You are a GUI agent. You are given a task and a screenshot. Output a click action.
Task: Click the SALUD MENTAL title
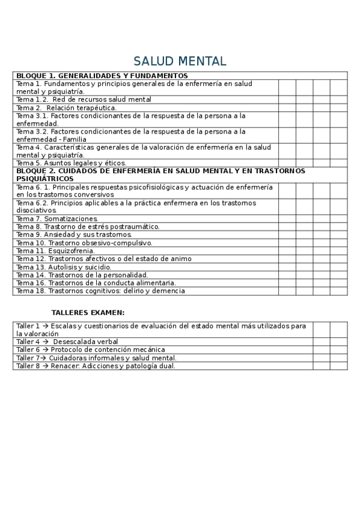click(x=180, y=61)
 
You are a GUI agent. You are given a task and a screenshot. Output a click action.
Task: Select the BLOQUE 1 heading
click(x=102, y=76)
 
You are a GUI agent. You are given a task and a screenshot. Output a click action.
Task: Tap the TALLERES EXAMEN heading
click(x=88, y=313)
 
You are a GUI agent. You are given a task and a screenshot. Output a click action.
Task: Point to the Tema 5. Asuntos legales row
click(x=72, y=162)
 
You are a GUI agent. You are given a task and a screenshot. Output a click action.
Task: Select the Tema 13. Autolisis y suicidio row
click(x=64, y=267)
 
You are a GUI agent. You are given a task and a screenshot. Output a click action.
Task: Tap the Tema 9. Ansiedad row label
click(x=74, y=235)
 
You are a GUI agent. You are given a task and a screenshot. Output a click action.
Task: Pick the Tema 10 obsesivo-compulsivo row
click(x=84, y=243)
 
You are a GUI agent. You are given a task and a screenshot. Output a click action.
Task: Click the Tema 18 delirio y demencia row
click(x=100, y=291)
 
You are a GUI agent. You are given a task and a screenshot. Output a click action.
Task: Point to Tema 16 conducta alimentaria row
click(x=96, y=283)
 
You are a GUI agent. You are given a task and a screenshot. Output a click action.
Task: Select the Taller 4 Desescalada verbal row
click(x=67, y=342)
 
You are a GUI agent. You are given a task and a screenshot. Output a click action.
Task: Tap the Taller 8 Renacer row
click(x=96, y=366)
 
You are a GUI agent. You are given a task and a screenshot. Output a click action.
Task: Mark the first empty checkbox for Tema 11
click(x=287, y=251)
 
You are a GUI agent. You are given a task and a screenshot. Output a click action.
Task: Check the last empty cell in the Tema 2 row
click(x=338, y=108)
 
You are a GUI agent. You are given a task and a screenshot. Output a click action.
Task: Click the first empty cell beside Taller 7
click(x=321, y=357)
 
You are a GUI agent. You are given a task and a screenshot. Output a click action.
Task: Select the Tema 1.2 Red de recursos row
click(x=84, y=99)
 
